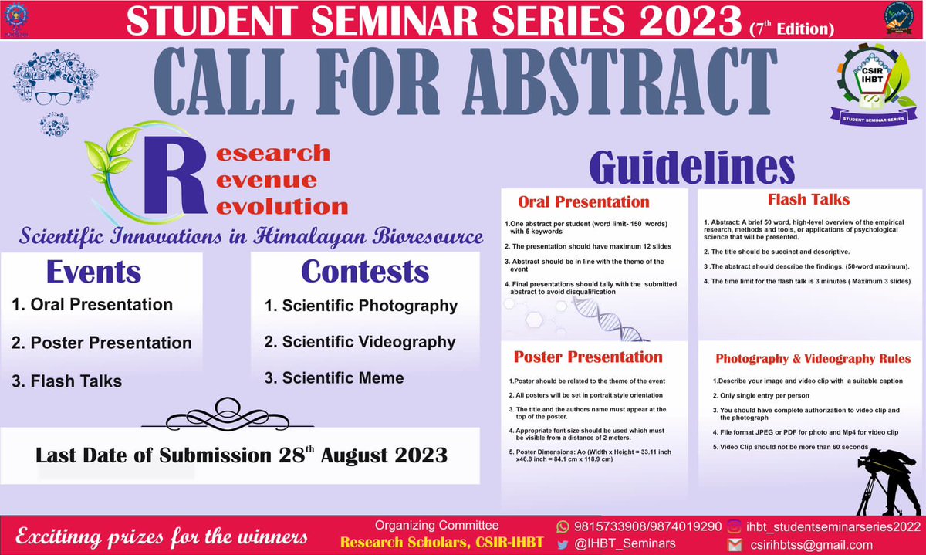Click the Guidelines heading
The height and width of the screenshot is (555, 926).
tap(691, 166)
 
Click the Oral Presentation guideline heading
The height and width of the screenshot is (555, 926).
tap(583, 203)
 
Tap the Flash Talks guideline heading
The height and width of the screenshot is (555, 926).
tap(809, 200)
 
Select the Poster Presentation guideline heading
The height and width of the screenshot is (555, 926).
tap(588, 357)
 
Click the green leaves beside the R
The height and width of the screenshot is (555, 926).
tap(116, 154)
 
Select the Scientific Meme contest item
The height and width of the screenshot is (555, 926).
tap(334, 378)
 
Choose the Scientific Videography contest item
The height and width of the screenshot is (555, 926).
tap(360, 342)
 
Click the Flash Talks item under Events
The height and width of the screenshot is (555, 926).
tap(66, 381)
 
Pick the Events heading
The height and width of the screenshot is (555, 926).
tap(93, 272)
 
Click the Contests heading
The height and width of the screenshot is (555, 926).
tap(364, 272)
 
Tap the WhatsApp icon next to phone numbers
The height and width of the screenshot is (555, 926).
tap(562, 526)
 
